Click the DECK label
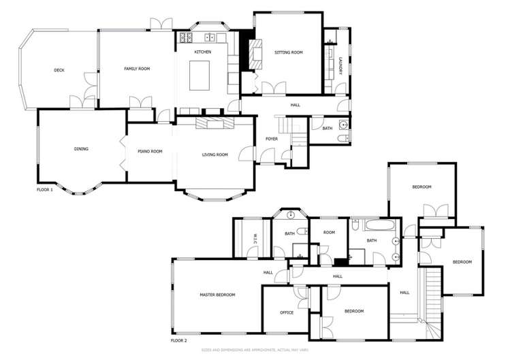(59, 70)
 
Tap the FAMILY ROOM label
(136, 69)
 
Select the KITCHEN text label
(203, 52)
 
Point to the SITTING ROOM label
(288, 52)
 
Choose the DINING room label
(82, 149)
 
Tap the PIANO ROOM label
(150, 151)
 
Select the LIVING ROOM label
(214, 155)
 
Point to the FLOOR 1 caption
(45, 190)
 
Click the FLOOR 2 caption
(178, 340)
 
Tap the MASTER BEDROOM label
(217, 295)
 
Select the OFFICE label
(287, 312)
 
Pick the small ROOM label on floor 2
(330, 233)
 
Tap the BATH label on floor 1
(328, 128)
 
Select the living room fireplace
(214, 122)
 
